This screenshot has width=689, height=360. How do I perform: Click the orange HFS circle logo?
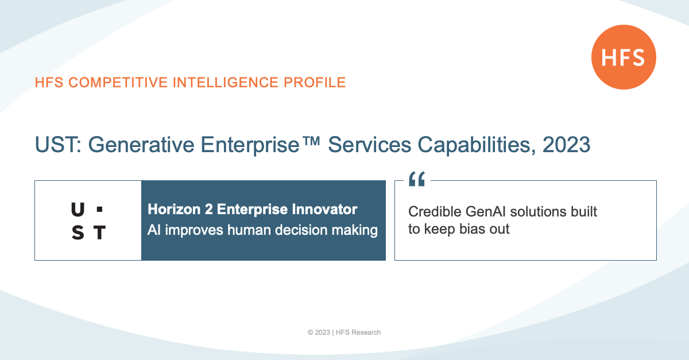(x=624, y=57)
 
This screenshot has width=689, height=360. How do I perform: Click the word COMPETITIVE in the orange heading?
(x=118, y=83)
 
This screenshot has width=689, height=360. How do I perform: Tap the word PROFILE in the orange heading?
(x=315, y=83)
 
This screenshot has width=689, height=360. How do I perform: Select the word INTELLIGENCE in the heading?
(x=226, y=83)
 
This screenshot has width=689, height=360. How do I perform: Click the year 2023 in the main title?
(x=566, y=145)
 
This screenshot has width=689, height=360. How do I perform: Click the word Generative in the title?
(x=141, y=145)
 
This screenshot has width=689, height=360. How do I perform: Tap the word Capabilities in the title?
(x=477, y=145)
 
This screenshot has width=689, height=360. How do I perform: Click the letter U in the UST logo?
(x=78, y=210)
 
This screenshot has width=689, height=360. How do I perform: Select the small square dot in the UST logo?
(x=100, y=210)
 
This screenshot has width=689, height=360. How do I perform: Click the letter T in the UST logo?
(x=100, y=233)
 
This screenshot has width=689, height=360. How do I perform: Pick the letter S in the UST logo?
(x=78, y=233)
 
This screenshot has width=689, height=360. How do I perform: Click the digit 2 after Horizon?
(x=208, y=210)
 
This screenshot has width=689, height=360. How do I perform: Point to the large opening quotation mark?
(x=417, y=179)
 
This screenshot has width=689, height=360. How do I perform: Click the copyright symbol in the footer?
(x=311, y=332)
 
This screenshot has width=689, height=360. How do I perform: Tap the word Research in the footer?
(x=366, y=332)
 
